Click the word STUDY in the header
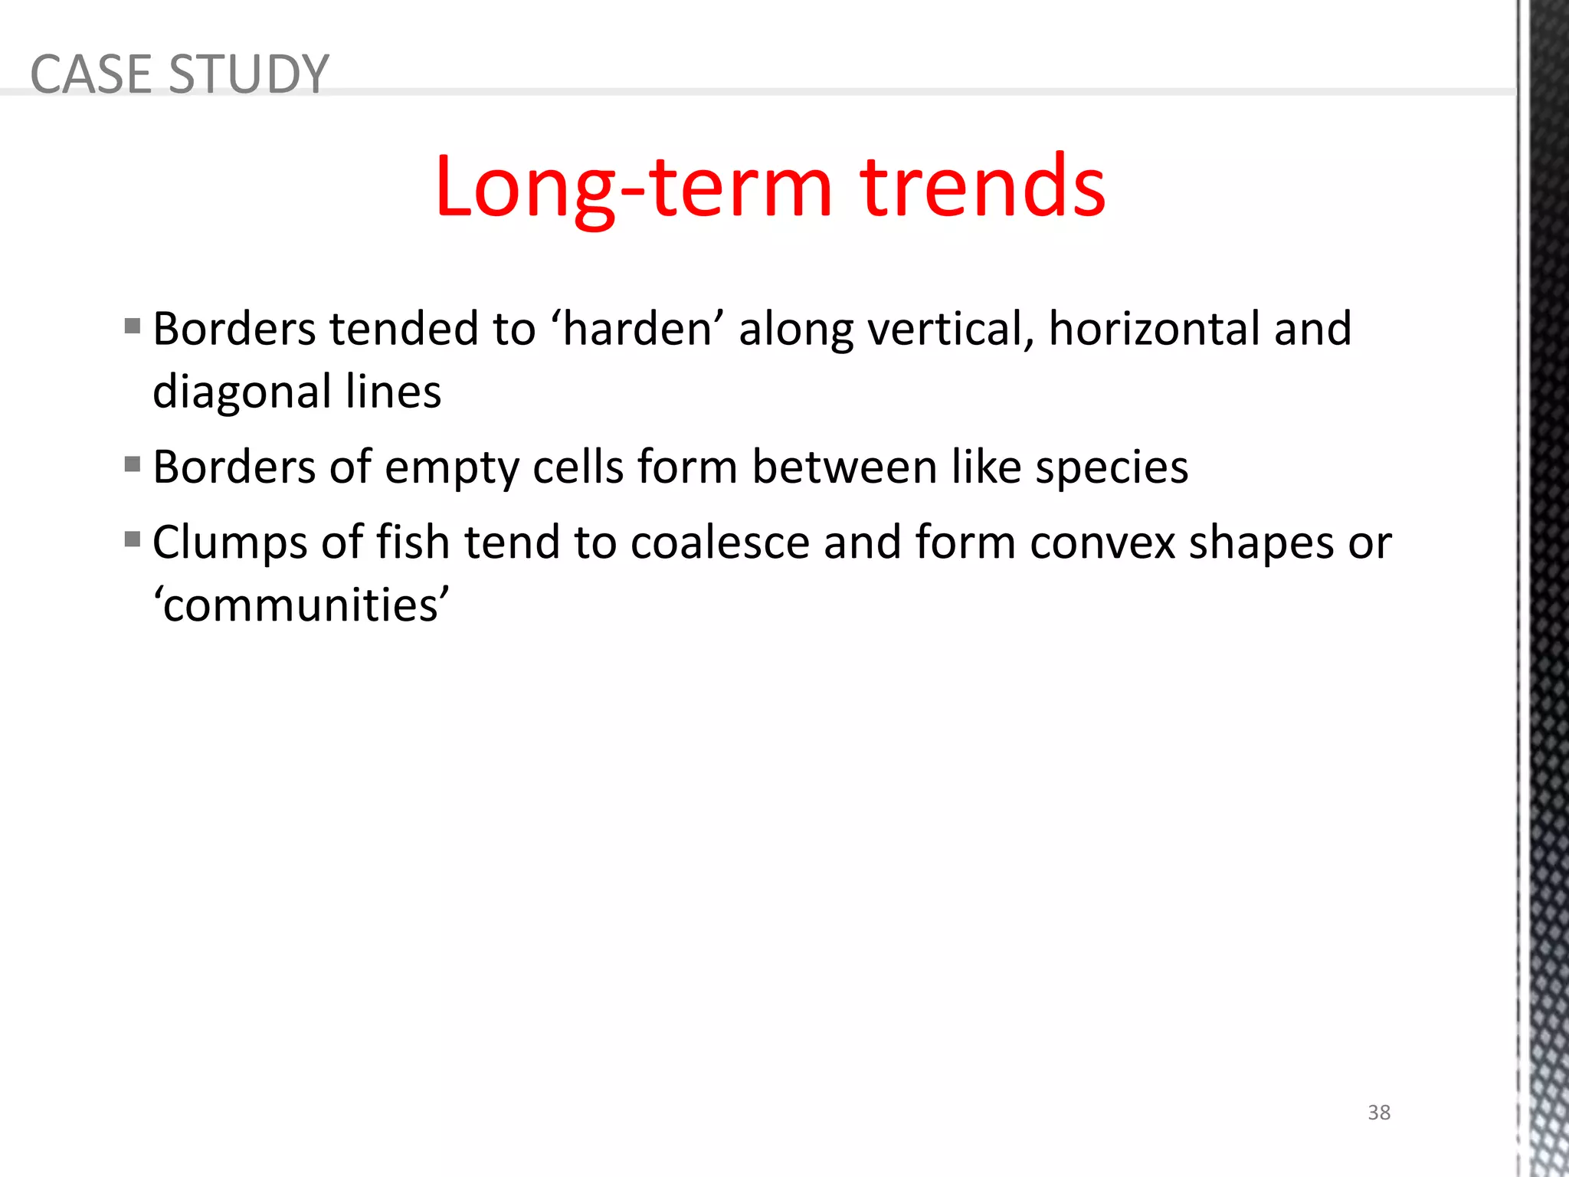(x=248, y=74)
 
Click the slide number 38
(x=1379, y=1112)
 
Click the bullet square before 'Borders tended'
(x=133, y=326)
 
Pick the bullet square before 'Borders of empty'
(x=133, y=464)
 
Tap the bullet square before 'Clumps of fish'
(x=133, y=539)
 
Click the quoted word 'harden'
(x=637, y=329)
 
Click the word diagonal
(x=242, y=392)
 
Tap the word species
(x=1112, y=467)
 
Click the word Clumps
(x=230, y=543)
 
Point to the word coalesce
(x=720, y=543)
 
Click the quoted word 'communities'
(x=301, y=605)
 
